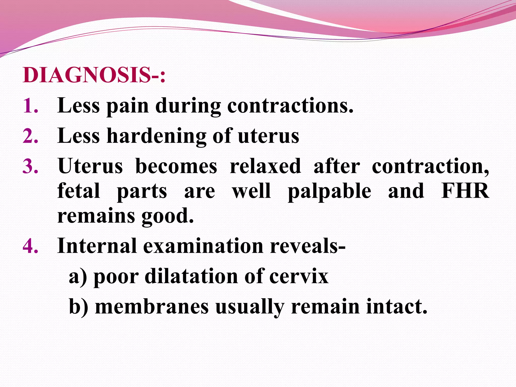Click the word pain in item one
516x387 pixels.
tap(127, 106)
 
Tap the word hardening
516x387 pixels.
tap(156, 136)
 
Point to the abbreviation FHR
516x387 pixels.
tap(465, 191)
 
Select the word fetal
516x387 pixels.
tap(79, 191)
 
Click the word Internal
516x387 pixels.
tap(97, 246)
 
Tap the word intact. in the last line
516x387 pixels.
tap(397, 307)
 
